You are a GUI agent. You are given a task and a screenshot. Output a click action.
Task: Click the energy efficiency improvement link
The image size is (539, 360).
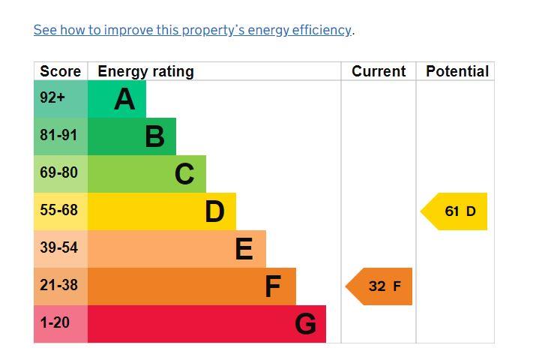193,30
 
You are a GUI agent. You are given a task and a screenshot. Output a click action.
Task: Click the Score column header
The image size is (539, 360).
60,71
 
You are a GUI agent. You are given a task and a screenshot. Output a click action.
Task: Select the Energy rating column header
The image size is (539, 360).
145,71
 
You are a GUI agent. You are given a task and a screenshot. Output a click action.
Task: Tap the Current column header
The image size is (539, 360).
379,71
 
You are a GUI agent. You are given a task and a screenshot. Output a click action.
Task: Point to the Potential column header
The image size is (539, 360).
457,71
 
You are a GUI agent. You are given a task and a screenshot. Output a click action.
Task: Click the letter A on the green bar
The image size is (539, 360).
124,99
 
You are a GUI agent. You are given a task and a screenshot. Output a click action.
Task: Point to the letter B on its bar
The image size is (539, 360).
154,136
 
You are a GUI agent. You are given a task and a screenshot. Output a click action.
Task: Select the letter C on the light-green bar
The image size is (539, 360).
184,174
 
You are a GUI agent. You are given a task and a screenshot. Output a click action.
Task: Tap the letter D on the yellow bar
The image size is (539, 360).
214,211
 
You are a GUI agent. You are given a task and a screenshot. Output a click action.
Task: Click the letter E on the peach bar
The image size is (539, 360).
244,249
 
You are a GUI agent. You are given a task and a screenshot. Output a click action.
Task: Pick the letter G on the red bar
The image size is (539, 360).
305,324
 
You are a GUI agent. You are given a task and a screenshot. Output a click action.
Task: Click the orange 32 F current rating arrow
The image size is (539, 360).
380,286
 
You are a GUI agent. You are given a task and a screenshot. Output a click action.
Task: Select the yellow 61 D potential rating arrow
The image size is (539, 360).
455,211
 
